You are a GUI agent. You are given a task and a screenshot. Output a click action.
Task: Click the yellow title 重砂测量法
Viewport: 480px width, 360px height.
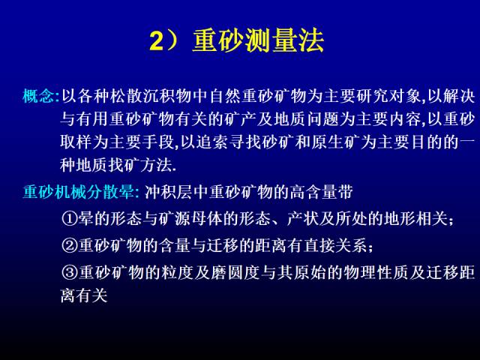click(258, 40)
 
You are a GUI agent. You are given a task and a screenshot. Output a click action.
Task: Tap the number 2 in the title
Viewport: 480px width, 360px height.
click(157, 41)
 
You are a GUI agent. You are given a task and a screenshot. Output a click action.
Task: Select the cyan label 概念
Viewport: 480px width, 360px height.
click(38, 96)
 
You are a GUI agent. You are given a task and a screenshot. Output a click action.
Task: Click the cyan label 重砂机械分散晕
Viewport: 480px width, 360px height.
click(79, 192)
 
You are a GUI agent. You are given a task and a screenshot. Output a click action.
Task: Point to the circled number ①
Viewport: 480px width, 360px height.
click(70, 218)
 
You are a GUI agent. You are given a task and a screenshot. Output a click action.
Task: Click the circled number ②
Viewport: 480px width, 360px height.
click(70, 245)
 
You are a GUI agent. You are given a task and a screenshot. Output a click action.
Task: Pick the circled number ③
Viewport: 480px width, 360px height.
click(70, 272)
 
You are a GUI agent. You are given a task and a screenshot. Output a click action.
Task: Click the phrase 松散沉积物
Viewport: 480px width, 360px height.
click(151, 96)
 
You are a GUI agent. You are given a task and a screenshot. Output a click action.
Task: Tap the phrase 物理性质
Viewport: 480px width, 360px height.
click(376, 272)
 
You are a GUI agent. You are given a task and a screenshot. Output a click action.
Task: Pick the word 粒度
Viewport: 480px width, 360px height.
click(178, 272)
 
